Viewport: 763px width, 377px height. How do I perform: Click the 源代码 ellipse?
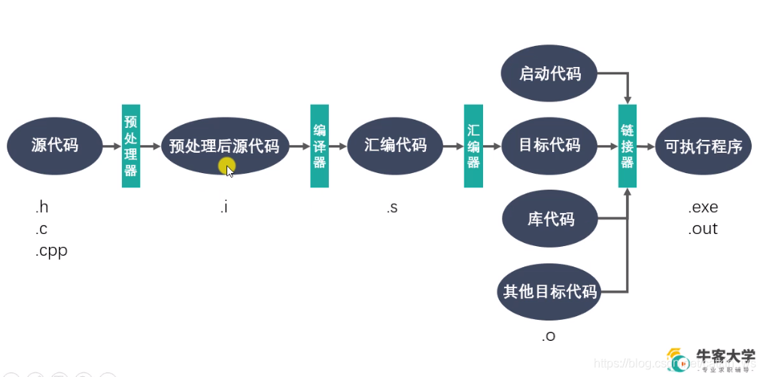pos(54,146)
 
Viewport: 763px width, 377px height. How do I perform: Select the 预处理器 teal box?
pos(131,146)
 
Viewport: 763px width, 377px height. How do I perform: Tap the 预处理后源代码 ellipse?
pos(224,146)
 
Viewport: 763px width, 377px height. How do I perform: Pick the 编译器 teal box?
pos(320,146)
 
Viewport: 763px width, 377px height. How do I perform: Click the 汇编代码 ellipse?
pos(395,146)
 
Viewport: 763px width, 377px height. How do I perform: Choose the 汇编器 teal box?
pos(473,146)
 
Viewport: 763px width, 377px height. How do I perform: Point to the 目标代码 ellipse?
pos(550,146)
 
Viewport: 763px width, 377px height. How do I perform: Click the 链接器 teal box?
pos(628,146)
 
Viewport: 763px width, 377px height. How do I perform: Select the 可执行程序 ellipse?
pos(703,146)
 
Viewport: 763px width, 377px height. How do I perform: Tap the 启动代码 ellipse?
pos(550,74)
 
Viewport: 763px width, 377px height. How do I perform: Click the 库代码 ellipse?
pos(550,219)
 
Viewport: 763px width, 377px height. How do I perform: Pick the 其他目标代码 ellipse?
pos(550,291)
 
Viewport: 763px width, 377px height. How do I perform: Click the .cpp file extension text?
pos(51,251)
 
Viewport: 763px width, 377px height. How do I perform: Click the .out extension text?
pos(703,229)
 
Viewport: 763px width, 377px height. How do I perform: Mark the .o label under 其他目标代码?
pos(549,336)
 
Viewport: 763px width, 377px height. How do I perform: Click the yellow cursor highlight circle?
pos(226,166)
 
